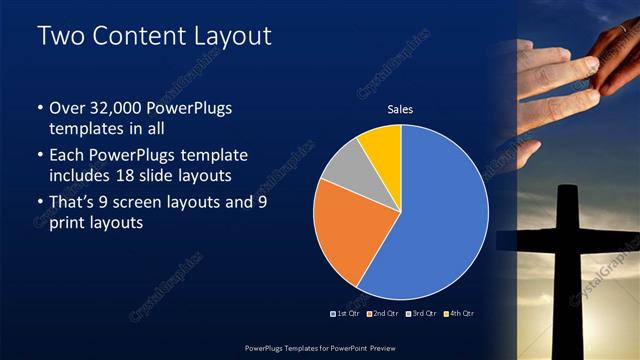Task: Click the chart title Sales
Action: (400, 109)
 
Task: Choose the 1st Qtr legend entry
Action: (344, 313)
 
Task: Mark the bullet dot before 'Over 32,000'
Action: (39, 108)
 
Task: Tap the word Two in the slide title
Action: (57, 37)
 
